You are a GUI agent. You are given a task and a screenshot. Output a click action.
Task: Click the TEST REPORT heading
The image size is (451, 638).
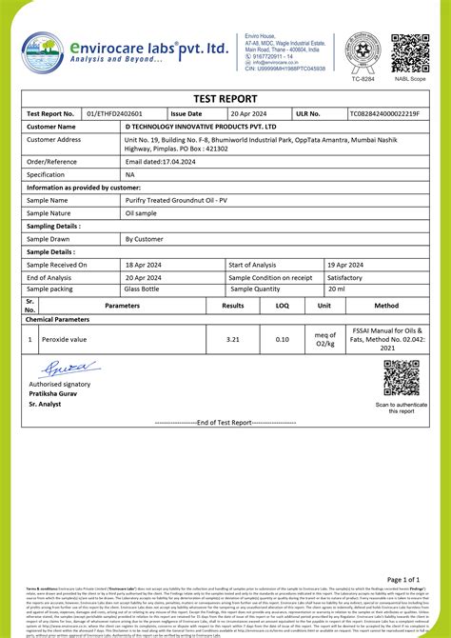(x=225, y=98)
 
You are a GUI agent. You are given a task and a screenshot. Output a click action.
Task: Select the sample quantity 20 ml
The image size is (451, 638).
(x=335, y=289)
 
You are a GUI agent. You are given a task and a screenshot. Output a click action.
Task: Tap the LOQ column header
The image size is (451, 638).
(x=282, y=306)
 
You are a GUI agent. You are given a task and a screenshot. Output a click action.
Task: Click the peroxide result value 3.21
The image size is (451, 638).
(x=233, y=339)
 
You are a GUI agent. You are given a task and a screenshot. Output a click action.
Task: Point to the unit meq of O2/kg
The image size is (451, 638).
(x=325, y=339)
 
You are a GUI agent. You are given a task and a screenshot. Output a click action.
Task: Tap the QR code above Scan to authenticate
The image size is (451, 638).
(x=401, y=379)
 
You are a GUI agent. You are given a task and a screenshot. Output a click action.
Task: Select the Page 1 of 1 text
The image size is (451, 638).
(x=411, y=578)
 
